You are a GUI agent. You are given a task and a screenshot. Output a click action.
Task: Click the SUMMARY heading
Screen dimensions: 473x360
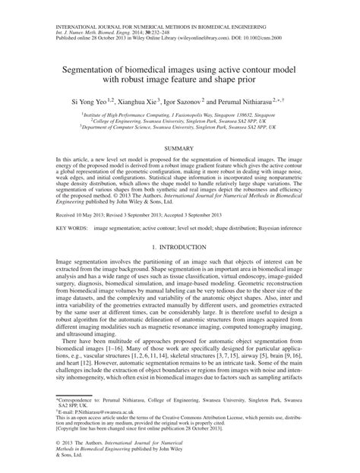coord(180,150)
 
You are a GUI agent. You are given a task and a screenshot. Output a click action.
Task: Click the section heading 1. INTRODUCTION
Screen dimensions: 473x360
coord(180,248)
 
